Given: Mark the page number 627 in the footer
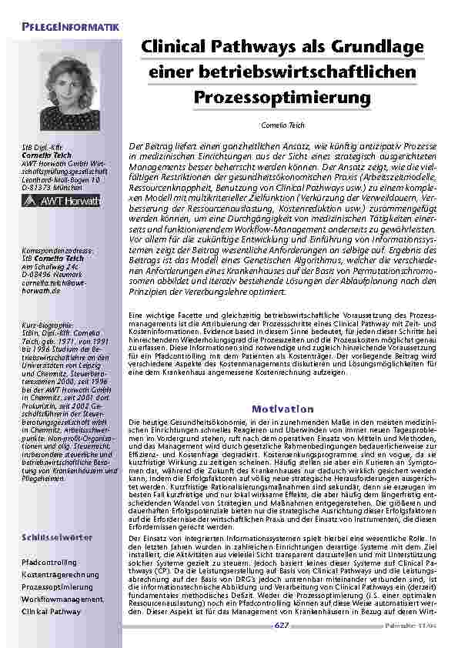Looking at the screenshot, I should pos(281,627).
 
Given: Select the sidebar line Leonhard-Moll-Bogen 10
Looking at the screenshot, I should pos(59,179).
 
